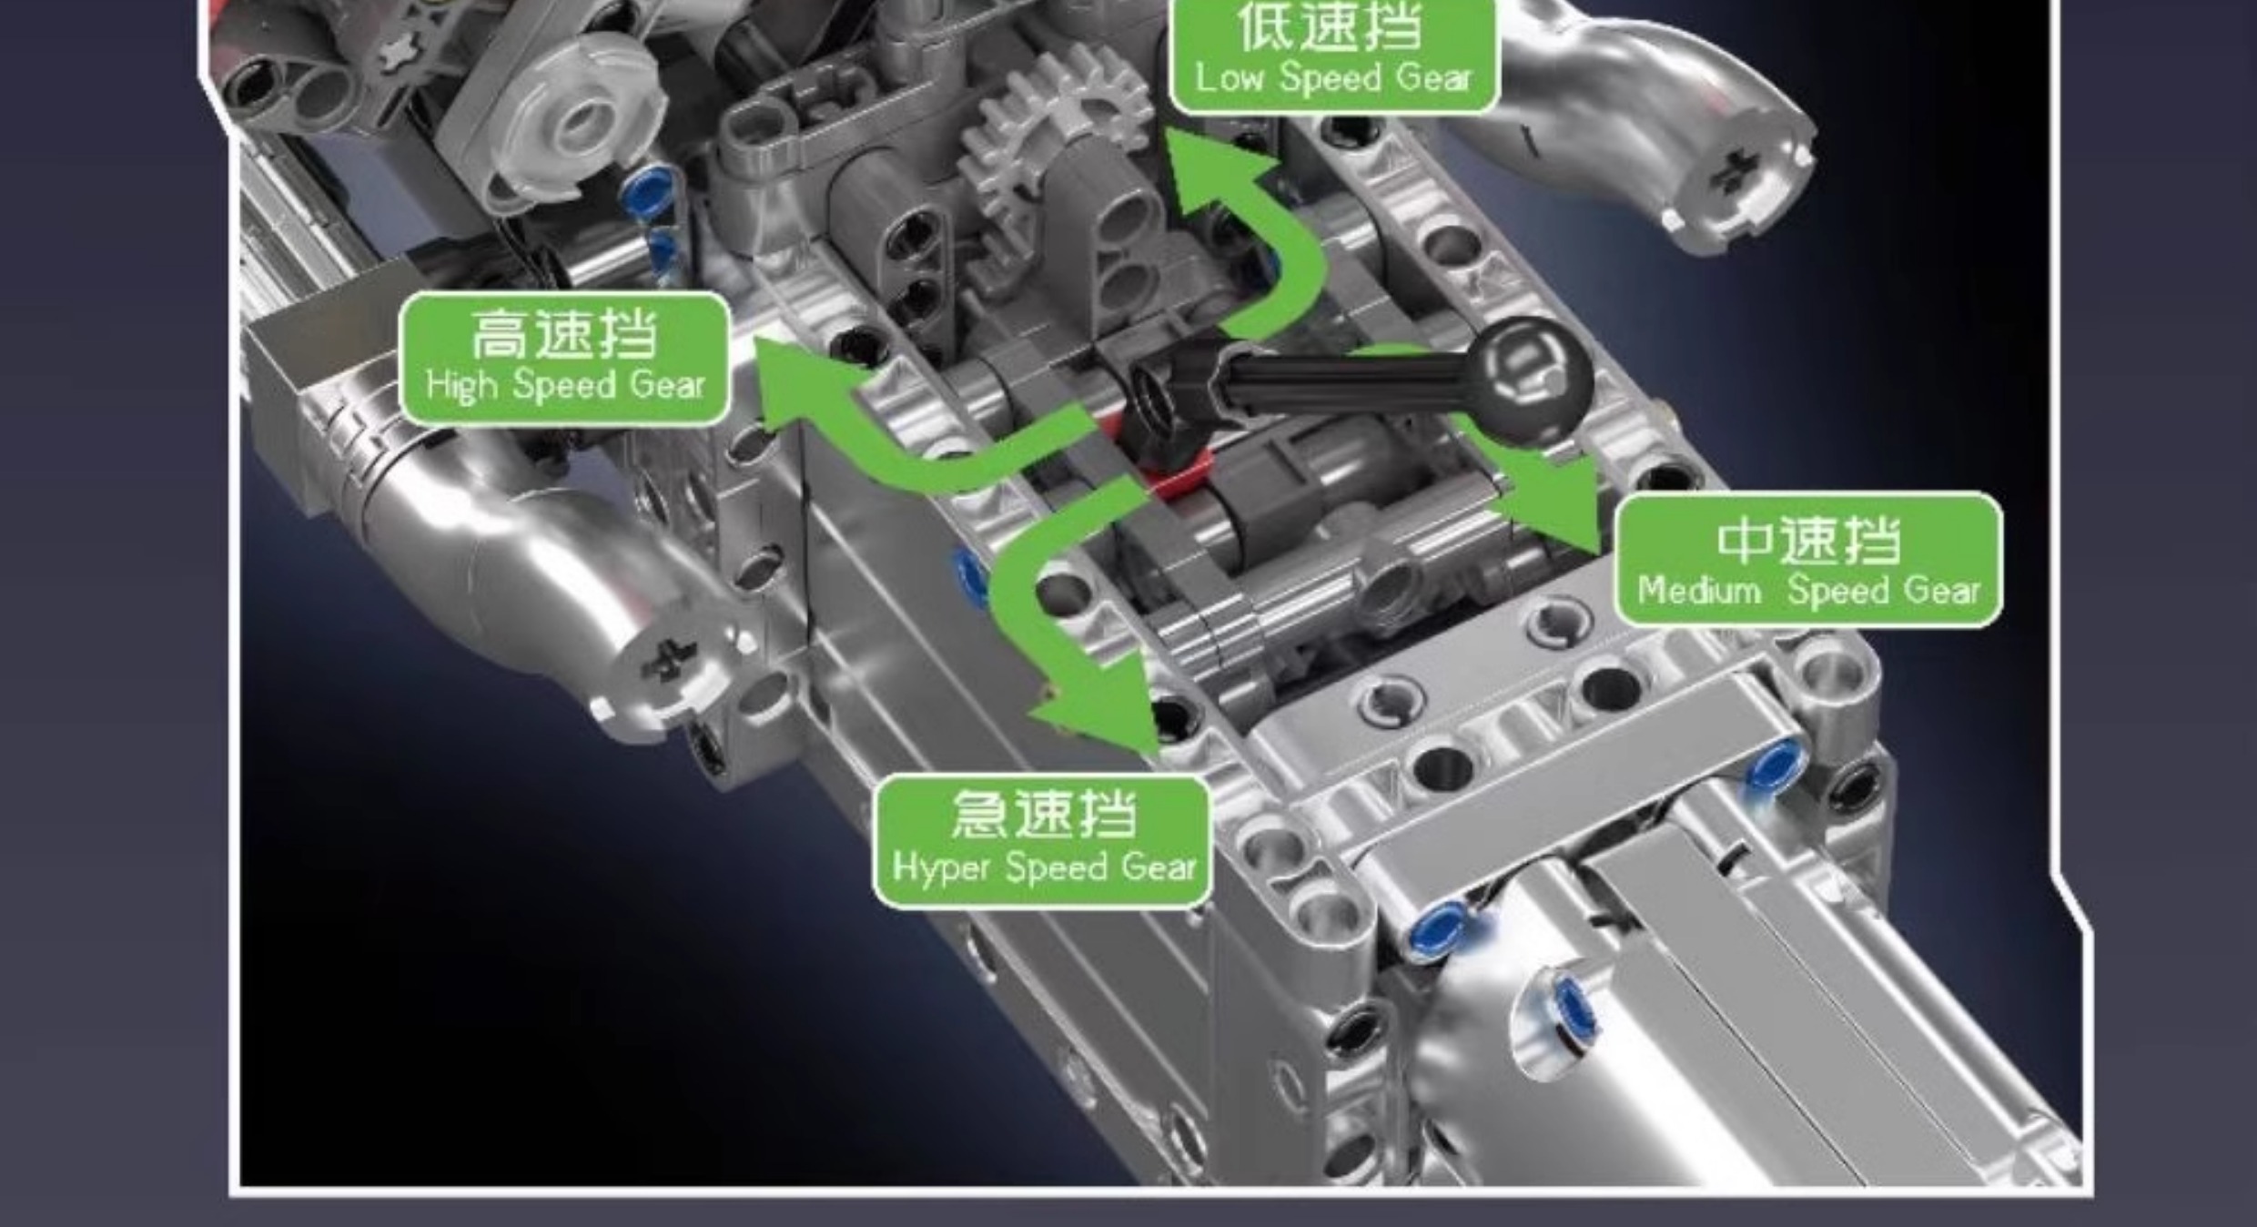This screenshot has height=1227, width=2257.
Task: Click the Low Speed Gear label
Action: pyautogui.click(x=1333, y=55)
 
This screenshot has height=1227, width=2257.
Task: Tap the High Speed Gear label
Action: pyautogui.click(x=565, y=358)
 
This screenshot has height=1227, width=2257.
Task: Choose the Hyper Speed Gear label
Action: pyautogui.click(x=1043, y=840)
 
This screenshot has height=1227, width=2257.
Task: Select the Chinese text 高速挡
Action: pyautogui.click(x=564, y=334)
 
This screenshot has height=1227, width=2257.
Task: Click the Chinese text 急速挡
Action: pyautogui.click(x=1043, y=814)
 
